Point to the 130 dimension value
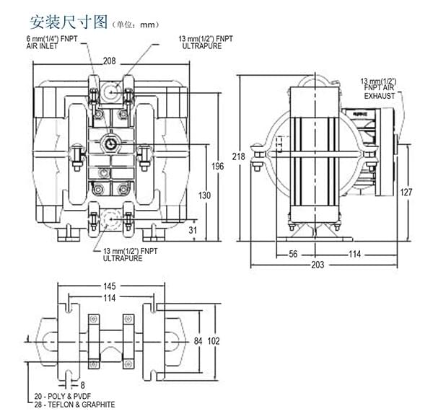[x=205, y=195]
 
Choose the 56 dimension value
[x=294, y=254]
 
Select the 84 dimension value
[x=199, y=340]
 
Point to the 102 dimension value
[x=214, y=340]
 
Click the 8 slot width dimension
[x=82, y=385]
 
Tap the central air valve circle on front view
[x=110, y=142]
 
